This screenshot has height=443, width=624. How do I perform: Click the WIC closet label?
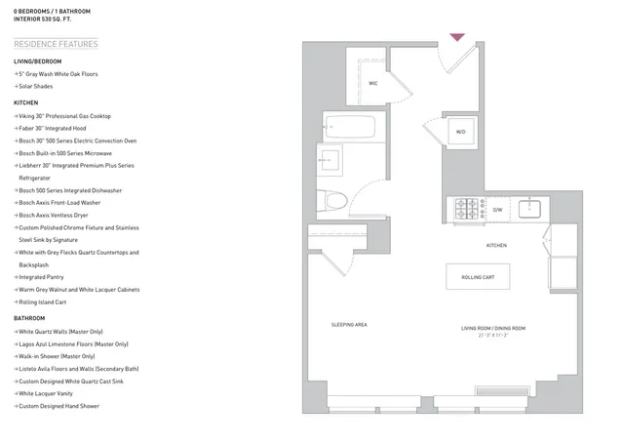(x=372, y=84)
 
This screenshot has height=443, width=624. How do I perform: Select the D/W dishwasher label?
(x=496, y=209)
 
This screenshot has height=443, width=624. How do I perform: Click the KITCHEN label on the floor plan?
(x=496, y=245)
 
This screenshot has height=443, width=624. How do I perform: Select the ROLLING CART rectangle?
(x=478, y=277)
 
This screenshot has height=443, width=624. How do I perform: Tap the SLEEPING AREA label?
(x=348, y=324)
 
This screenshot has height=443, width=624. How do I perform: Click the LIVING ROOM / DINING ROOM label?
(x=493, y=328)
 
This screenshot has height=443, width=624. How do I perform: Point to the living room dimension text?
(x=493, y=336)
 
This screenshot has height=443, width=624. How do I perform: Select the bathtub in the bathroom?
(x=349, y=126)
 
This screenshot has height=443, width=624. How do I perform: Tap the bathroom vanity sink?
(x=330, y=158)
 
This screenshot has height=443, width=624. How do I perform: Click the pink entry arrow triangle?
(x=456, y=38)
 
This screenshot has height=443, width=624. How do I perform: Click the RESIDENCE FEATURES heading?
(x=56, y=44)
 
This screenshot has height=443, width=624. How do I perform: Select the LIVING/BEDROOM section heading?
(x=37, y=61)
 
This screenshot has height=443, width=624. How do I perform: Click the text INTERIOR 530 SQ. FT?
(x=47, y=19)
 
